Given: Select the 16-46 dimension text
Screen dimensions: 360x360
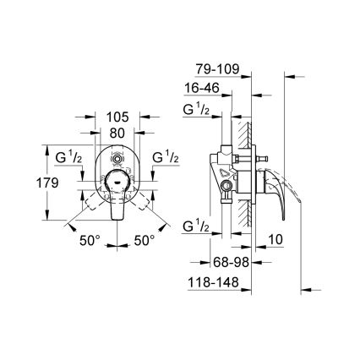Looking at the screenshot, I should [205, 86].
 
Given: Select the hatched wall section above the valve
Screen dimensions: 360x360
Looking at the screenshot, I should [243, 131].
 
